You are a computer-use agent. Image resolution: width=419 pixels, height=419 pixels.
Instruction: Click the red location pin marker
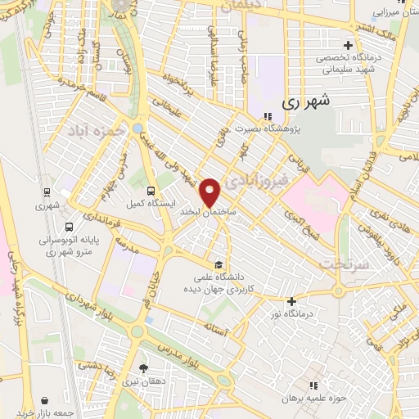pos(211,191)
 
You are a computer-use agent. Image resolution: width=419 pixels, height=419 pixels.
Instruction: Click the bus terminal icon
pos(68,227)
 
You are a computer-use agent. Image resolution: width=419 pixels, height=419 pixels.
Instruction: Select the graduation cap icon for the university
pos(219,264)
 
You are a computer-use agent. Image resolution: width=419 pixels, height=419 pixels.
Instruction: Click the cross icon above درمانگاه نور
pos(291,300)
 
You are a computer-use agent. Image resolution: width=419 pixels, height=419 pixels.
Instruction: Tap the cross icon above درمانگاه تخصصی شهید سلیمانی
pos(349,45)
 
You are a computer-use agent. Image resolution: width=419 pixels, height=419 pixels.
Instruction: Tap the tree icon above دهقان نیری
pos(144,368)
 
